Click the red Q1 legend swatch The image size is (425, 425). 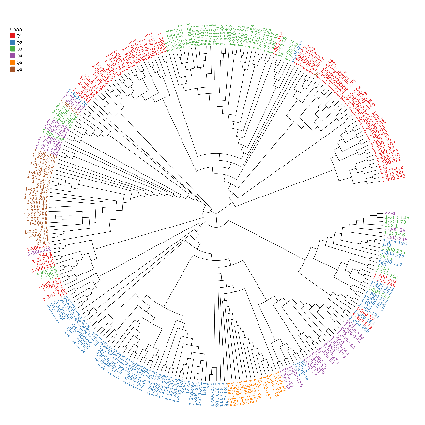pyautogui.click(x=13, y=36)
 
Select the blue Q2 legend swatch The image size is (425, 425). pyautogui.click(x=13, y=43)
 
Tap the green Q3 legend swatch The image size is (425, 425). pyautogui.click(x=13, y=49)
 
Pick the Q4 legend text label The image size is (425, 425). pyautogui.click(x=19, y=56)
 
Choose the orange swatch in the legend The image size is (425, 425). pyautogui.click(x=13, y=63)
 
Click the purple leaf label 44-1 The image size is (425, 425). pyautogui.click(x=391, y=213)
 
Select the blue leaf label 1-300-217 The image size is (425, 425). pyautogui.click(x=391, y=263)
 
